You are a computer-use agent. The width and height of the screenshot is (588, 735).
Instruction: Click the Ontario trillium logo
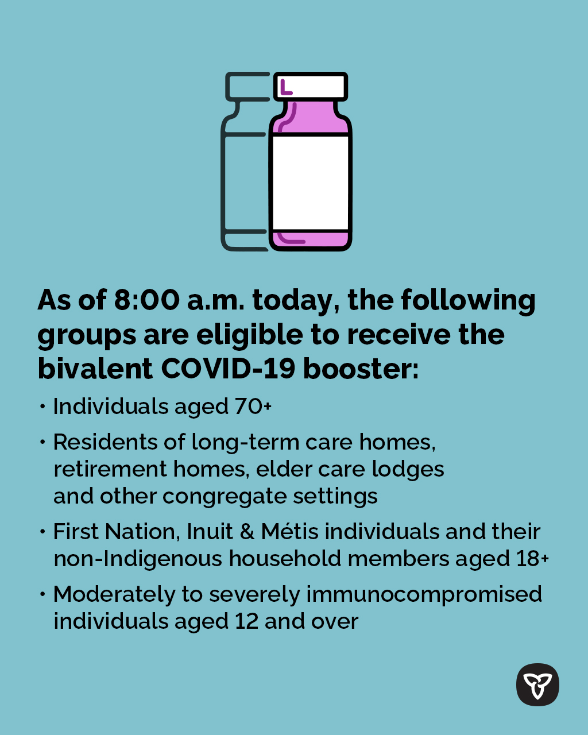537,685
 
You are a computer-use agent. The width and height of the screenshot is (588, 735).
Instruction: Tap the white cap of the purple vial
311,86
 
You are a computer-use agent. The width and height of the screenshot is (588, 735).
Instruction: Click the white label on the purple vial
310,183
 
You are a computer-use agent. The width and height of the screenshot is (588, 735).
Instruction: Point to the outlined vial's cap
247,86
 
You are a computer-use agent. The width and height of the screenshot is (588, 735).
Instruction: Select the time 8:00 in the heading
146,300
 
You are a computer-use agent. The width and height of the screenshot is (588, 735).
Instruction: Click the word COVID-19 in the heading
227,369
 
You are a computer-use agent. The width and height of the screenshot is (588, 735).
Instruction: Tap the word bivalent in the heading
95,368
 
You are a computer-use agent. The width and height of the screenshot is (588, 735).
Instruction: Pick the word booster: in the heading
361,369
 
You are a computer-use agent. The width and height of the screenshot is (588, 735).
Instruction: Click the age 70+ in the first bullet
253,407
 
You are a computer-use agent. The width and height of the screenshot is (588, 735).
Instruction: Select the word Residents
105,442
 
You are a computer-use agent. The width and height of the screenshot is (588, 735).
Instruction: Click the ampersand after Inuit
247,532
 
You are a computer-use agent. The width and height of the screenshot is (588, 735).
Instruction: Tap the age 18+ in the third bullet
532,559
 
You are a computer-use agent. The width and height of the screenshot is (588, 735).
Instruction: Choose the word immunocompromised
424,595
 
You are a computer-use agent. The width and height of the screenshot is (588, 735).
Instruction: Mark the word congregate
225,497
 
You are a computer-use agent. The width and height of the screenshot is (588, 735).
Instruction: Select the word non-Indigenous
138,559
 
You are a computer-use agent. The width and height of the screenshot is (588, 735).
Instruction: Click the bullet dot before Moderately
42,594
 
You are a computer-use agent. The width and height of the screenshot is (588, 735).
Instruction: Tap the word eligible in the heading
249,335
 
